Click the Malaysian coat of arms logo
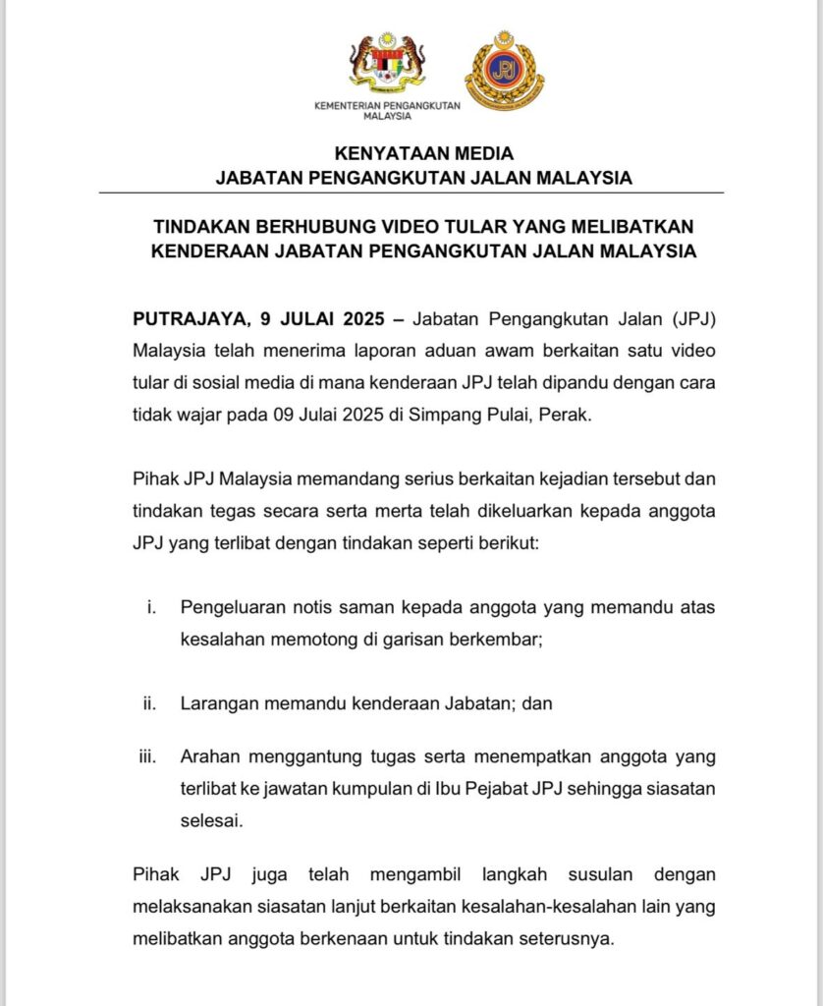pos(387,67)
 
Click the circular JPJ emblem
pos(504,70)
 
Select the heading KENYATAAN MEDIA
pos(423,154)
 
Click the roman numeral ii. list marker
pos(150,703)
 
